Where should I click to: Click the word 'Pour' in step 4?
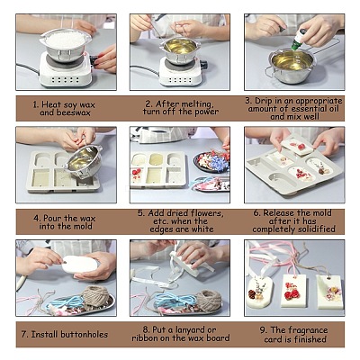pos(53,218)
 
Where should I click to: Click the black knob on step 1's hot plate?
pos(94,61)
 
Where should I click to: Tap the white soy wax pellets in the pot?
pos(65,39)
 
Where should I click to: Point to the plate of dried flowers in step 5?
pos(212,161)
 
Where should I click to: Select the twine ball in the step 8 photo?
pos(210,299)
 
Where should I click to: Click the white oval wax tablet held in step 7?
pos(80,264)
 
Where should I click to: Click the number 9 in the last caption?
pos(263,330)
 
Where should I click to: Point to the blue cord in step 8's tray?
pos(173,300)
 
